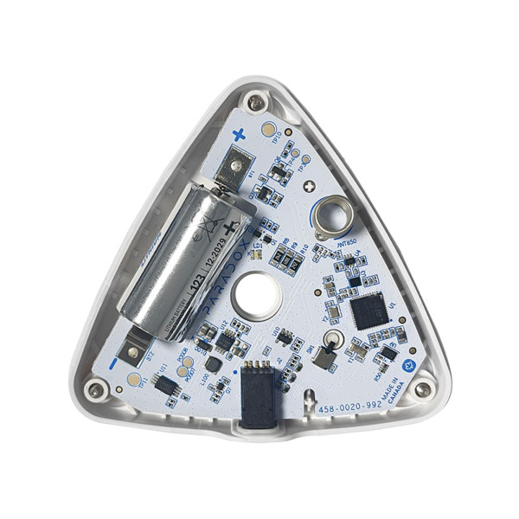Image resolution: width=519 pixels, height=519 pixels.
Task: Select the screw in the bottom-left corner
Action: [94, 394]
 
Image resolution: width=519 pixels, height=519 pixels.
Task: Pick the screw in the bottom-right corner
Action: [421, 390]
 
